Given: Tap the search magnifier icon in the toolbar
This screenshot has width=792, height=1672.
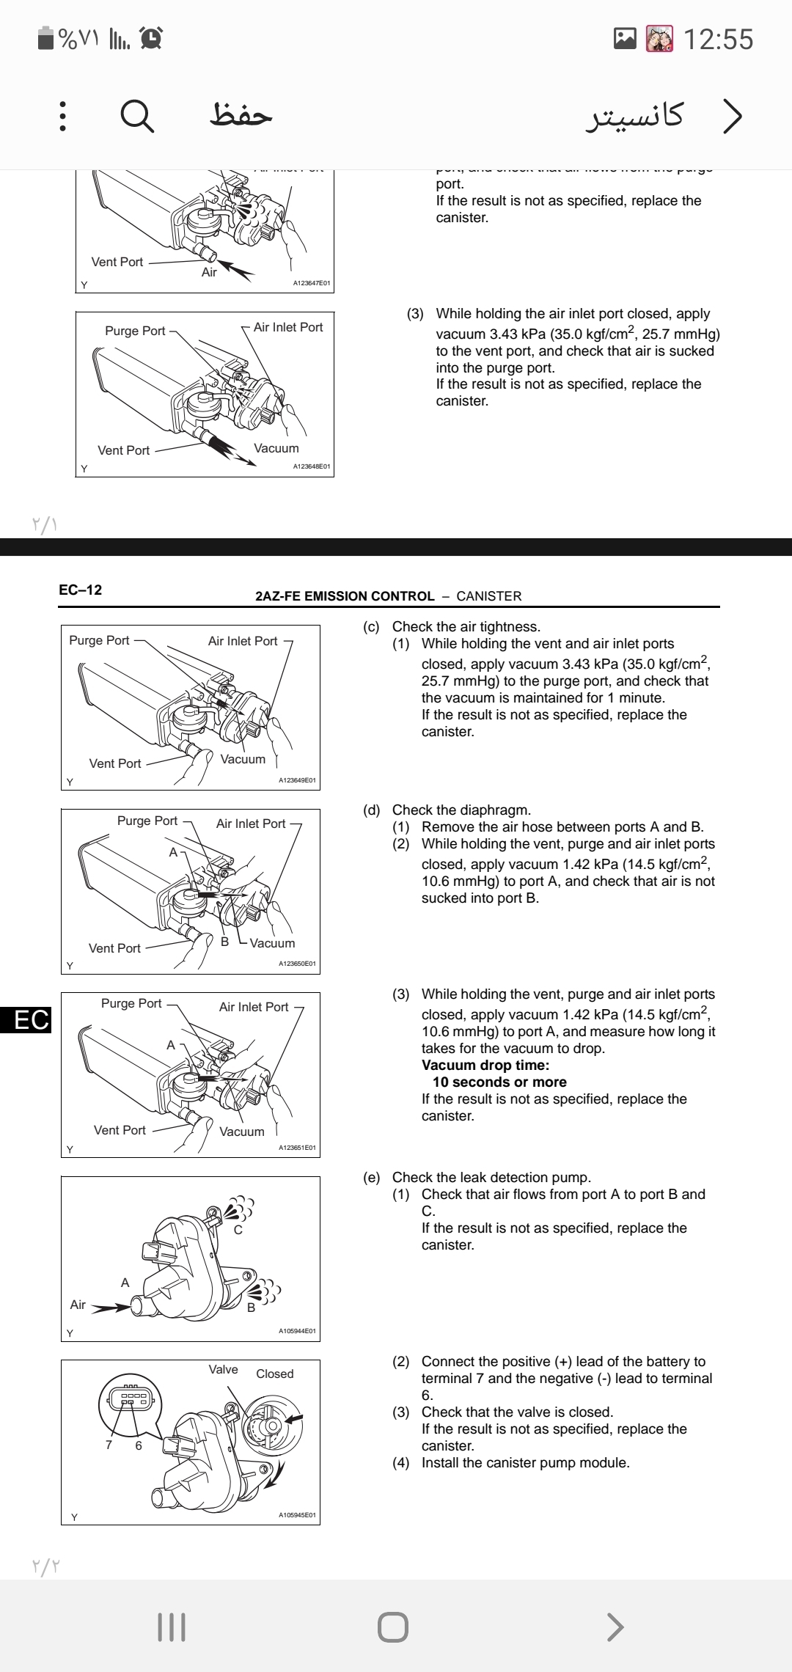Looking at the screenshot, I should pyautogui.click(x=137, y=116).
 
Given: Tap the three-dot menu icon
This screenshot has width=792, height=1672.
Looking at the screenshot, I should pyautogui.click(x=62, y=116).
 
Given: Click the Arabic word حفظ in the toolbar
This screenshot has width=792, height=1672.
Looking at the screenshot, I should pyautogui.click(x=241, y=114).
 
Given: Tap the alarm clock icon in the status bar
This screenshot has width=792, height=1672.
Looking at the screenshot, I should pyautogui.click(x=151, y=38).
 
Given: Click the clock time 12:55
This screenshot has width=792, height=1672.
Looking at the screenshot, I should pyautogui.click(x=718, y=39).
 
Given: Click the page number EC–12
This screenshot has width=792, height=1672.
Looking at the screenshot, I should pyautogui.click(x=81, y=590).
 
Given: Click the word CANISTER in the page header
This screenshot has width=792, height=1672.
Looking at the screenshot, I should pyautogui.click(x=488, y=596).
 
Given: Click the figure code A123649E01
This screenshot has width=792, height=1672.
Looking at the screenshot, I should pyautogui.click(x=297, y=780).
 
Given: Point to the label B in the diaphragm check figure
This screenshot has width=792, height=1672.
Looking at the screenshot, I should pyautogui.click(x=225, y=941).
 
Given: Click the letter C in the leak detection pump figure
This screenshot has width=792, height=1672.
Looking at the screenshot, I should pyautogui.click(x=238, y=1230).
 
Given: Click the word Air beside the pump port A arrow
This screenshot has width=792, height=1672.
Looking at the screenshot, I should pyautogui.click(x=78, y=1305).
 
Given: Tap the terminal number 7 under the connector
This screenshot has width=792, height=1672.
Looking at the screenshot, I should pyautogui.click(x=109, y=1445).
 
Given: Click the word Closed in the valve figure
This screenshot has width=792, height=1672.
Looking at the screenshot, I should pyautogui.click(x=275, y=1374).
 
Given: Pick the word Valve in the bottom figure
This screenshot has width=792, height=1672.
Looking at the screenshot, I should pyautogui.click(x=223, y=1369).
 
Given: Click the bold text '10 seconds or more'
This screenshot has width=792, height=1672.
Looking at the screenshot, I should pyautogui.click(x=499, y=1082).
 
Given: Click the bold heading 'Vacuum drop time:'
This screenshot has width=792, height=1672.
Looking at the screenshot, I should pyautogui.click(x=485, y=1065).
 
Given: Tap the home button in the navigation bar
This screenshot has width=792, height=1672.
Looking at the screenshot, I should pyautogui.click(x=393, y=1627).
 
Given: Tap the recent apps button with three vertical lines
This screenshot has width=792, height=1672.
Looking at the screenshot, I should pyautogui.click(x=172, y=1627).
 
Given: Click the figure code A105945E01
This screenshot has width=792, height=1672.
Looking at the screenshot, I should pyautogui.click(x=297, y=1515).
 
